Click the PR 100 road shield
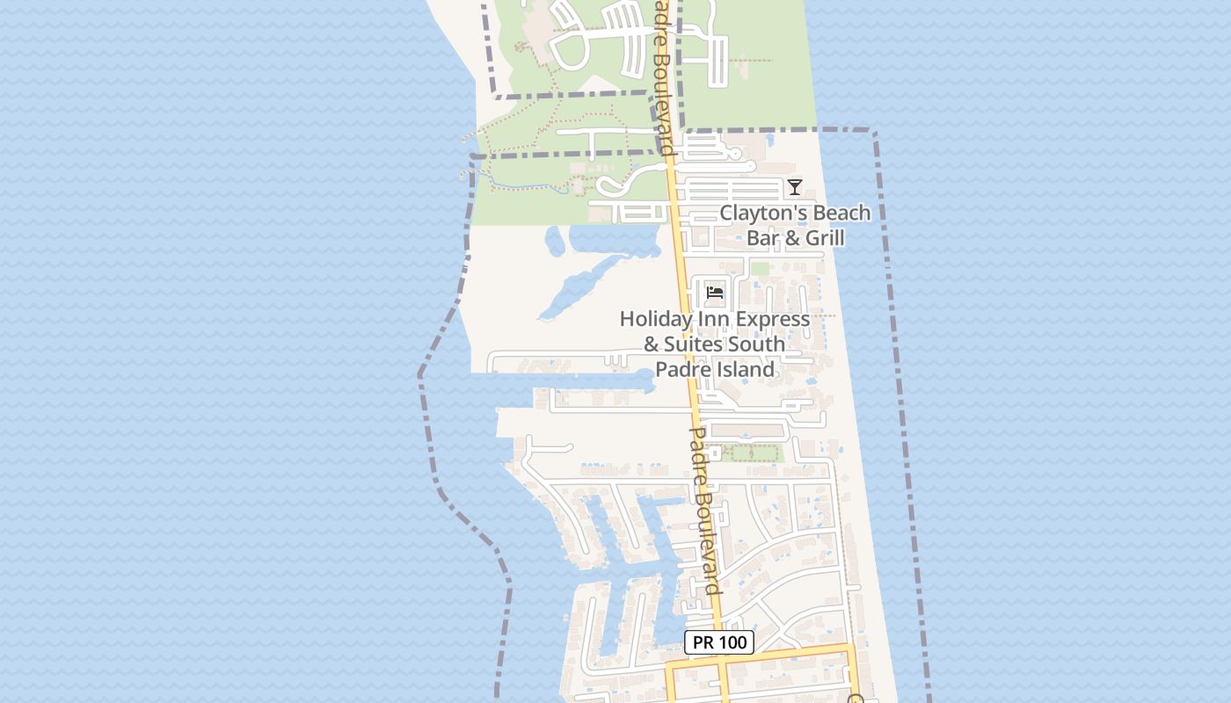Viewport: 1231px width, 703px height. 719,642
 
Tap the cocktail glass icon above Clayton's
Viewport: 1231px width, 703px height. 795,186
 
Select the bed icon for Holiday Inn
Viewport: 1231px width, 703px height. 715,292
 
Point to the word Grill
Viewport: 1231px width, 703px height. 821,238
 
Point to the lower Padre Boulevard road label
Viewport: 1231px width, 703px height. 705,510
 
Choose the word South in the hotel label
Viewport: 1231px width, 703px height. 759,344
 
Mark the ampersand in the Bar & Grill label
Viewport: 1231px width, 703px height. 789,238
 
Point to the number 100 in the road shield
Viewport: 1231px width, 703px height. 732,642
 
